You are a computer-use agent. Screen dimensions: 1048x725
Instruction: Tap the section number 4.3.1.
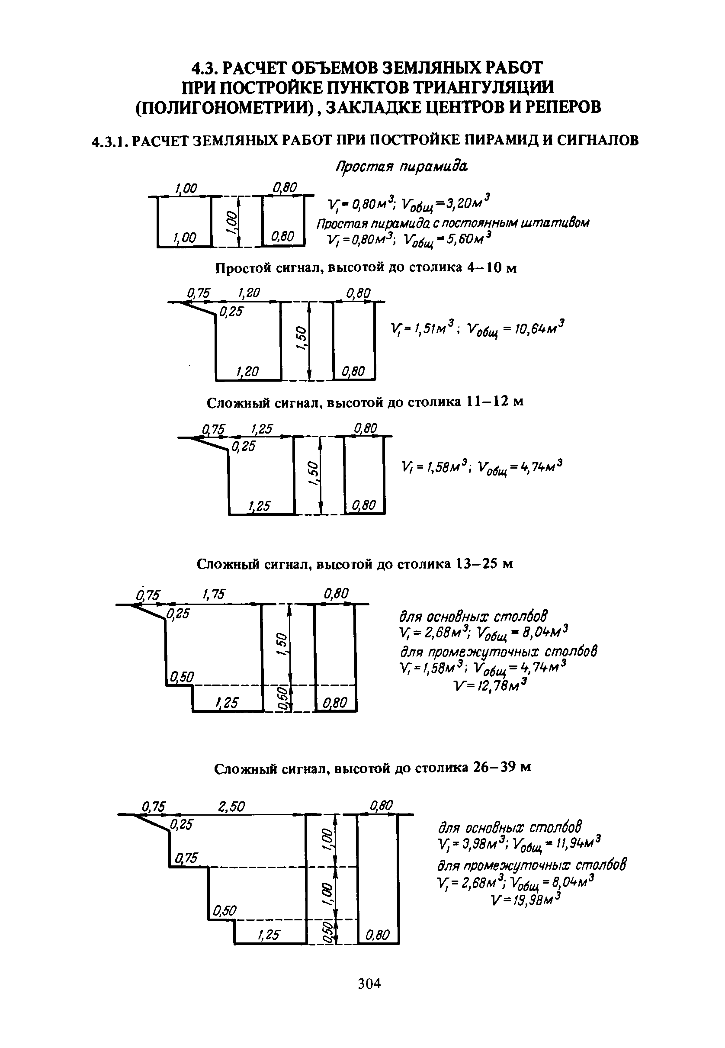click(x=110, y=141)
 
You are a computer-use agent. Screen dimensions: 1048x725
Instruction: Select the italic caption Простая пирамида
click(x=401, y=167)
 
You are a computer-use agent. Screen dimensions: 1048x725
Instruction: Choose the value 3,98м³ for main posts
click(x=478, y=844)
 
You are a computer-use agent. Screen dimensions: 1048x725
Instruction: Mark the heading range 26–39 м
click(x=501, y=768)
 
